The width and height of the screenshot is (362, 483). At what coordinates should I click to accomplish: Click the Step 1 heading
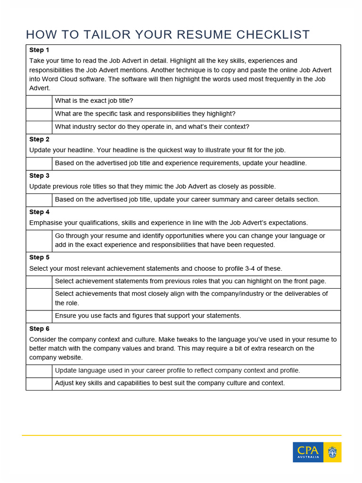(39, 50)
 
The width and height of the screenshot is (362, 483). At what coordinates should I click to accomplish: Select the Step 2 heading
(39, 140)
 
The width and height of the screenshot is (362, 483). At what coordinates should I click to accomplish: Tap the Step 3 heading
(39, 176)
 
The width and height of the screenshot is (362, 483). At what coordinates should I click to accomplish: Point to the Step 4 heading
(39, 212)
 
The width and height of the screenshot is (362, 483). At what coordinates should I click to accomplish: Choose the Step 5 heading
(39, 258)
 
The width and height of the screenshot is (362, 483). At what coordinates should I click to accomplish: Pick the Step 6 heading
(39, 329)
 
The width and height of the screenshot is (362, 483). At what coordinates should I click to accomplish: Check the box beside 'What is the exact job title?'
(39, 101)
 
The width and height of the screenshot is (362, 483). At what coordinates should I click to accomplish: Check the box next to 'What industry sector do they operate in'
(39, 127)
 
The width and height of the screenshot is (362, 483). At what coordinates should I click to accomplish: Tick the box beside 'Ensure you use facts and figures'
(39, 316)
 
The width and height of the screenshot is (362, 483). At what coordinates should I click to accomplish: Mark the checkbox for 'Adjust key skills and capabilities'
(39, 384)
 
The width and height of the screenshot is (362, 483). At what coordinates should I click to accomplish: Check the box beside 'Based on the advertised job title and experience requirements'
(39, 164)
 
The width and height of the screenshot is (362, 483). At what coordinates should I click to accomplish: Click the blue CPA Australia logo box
(308, 452)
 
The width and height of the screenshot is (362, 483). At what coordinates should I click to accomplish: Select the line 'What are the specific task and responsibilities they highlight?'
(145, 114)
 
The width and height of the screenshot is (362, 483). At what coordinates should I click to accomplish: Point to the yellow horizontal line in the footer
(181, 435)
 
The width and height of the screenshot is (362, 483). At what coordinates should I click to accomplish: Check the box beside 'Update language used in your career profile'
(39, 371)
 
